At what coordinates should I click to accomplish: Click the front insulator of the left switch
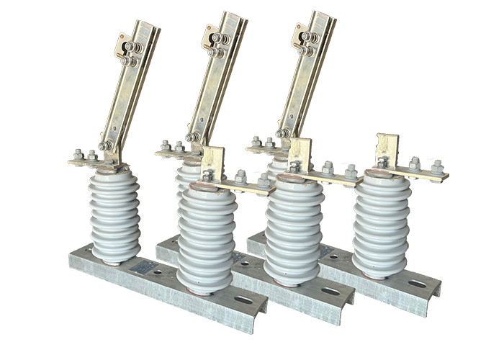click(x=206, y=238)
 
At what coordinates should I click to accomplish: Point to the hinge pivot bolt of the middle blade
click(x=193, y=137)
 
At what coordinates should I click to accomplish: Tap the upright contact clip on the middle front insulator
click(x=300, y=154)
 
